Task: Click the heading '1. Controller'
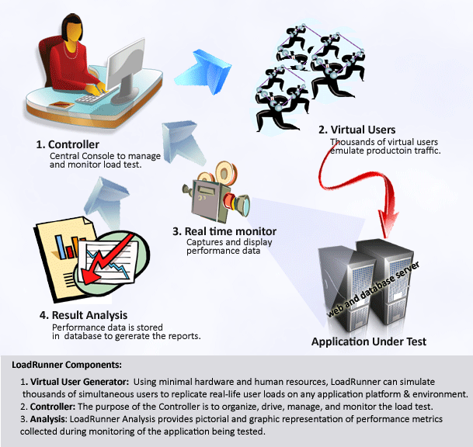pyautogui.click(x=68, y=144)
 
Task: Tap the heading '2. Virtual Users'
pyautogui.click(x=357, y=130)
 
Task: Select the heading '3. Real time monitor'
pyautogui.click(x=224, y=231)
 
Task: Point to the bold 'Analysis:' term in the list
pyautogui.click(x=47, y=419)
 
